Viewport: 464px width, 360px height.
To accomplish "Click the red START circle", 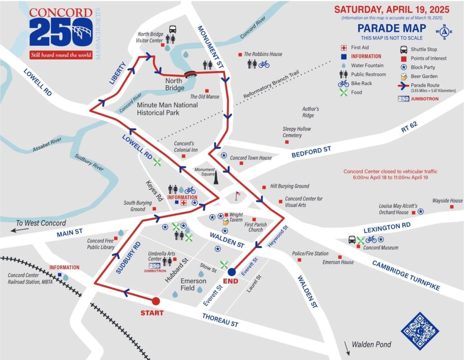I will [155, 301].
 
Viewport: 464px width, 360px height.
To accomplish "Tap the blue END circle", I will [232, 272].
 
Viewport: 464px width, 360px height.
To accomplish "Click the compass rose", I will [445, 32].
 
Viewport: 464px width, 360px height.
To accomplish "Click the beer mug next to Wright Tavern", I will [225, 222].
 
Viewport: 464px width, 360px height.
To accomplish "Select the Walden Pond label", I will [371, 345].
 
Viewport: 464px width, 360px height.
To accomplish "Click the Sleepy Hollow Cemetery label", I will [297, 132].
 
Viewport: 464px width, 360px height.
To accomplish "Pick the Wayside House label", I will [447, 200].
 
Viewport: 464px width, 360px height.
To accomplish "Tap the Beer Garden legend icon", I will [403, 76].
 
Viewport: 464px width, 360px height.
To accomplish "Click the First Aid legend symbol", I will [344, 48].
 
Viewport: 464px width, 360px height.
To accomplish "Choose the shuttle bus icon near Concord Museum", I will [352, 239].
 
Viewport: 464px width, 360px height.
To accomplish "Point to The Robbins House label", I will [263, 54].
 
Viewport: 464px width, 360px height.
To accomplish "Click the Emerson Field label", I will [193, 284].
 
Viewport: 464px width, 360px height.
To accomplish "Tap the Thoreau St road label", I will [220, 320].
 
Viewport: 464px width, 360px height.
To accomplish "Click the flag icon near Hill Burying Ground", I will [237, 196].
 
